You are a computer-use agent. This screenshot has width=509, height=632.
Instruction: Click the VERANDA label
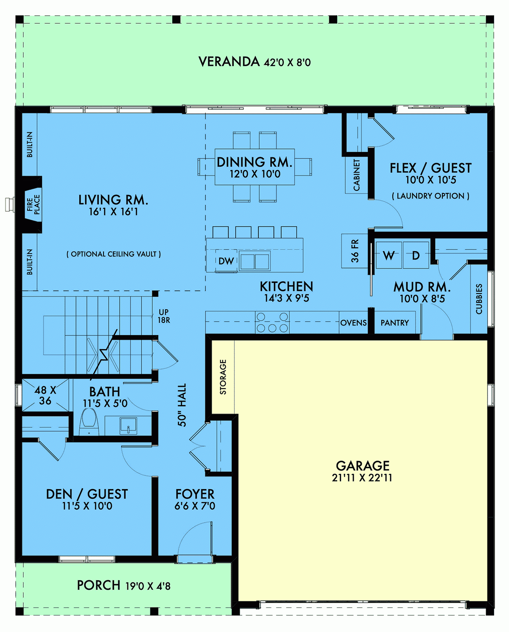coord(229,62)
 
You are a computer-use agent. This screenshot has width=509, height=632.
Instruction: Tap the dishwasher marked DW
coord(226,261)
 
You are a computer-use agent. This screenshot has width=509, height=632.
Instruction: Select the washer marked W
coord(389,255)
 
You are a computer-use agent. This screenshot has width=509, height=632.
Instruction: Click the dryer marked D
coord(416,255)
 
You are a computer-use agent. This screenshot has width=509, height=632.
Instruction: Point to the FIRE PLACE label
coord(33,205)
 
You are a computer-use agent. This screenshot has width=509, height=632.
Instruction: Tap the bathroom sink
coord(128,425)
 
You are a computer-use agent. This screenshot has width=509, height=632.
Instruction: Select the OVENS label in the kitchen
coord(353,323)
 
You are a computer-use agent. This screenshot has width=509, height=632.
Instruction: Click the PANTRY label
coord(394,323)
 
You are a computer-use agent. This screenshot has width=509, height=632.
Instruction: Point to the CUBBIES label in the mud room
coord(479,299)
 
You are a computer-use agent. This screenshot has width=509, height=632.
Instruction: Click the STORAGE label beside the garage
coord(223,377)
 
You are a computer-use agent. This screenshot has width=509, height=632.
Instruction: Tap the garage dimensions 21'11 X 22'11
coord(362,478)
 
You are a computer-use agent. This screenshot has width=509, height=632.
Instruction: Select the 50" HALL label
coord(182,405)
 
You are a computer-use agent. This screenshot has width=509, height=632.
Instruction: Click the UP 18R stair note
coord(164,316)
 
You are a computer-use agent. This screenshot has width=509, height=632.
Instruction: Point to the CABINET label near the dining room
coord(357,175)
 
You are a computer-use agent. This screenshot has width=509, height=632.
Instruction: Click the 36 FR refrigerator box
coord(355,251)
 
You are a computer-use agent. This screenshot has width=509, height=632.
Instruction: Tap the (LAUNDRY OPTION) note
coord(430,196)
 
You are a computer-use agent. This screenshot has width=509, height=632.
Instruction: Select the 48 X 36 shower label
coord(45,395)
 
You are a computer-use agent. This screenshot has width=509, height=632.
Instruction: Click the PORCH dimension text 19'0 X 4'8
coord(148,586)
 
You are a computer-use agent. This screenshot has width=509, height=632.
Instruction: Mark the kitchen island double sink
coord(255,261)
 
